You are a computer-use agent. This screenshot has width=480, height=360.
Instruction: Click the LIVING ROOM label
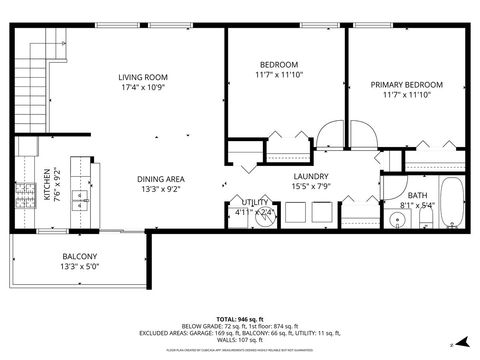tap(142, 77)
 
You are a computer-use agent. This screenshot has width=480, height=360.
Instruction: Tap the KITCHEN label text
tap(46, 189)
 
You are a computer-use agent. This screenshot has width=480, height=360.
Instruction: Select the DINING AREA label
tap(161, 179)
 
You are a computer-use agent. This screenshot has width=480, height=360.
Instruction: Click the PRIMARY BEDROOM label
tap(405, 85)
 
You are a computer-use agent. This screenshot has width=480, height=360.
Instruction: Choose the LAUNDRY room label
tap(311, 176)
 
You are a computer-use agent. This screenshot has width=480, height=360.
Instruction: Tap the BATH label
tap(417, 196)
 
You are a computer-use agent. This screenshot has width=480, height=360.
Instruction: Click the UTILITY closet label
tap(254, 203)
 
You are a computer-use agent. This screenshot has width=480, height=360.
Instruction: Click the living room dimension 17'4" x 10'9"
tap(142, 87)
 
